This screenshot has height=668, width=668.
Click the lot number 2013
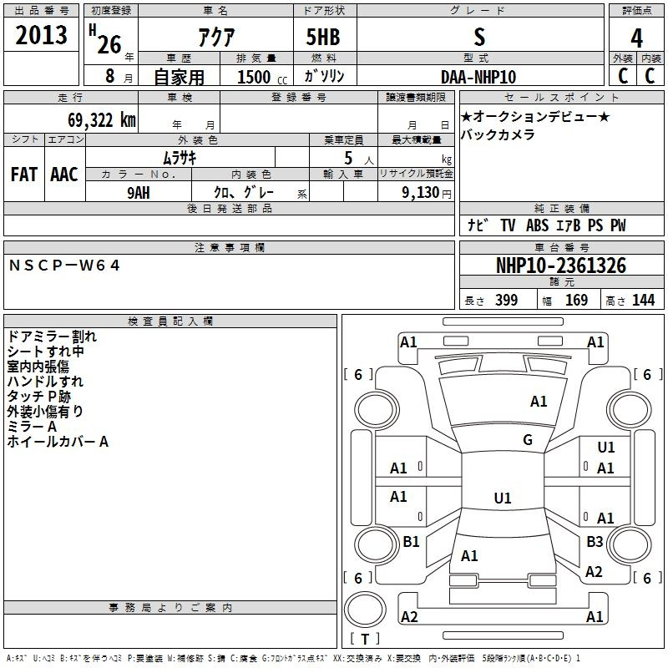42,36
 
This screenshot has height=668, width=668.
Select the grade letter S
478,37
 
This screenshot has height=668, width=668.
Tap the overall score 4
636,38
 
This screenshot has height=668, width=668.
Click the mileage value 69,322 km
95,119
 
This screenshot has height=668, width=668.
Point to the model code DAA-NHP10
478,77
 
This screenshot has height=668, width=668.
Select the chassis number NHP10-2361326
561,266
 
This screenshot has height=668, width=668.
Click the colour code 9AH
139,191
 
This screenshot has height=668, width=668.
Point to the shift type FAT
23,175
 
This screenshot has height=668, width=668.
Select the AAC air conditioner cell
64,175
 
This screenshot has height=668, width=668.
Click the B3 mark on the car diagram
595,542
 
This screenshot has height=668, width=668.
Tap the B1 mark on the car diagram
411,542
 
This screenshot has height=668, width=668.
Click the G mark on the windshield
528,440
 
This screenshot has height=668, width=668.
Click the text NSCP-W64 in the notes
65,266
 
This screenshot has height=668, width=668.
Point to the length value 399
506,301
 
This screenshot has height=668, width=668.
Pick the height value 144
643,301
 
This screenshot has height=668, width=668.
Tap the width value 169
576,301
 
